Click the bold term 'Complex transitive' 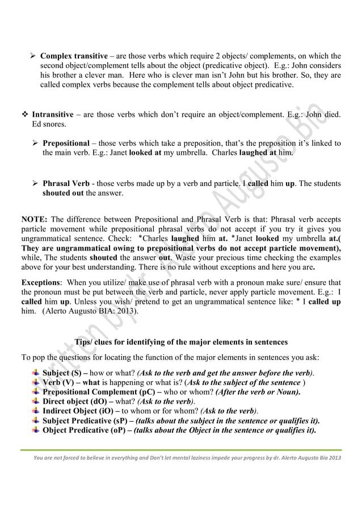[74, 56]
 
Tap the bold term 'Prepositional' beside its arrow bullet [66, 143]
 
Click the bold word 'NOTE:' [35, 219]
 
